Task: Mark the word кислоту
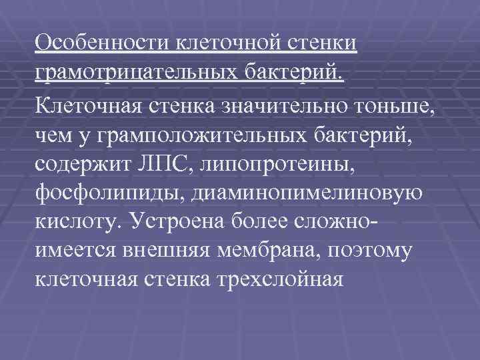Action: coord(75,221)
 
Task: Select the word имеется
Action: coord(77,251)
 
